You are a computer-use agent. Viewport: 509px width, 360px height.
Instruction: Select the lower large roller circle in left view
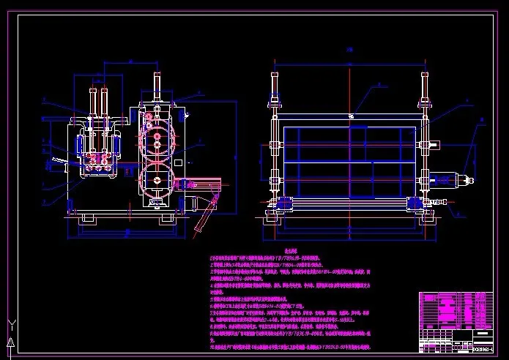(155, 179)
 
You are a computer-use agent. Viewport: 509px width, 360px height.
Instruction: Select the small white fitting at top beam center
(351, 115)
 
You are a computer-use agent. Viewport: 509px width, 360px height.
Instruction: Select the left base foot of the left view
(89, 218)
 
